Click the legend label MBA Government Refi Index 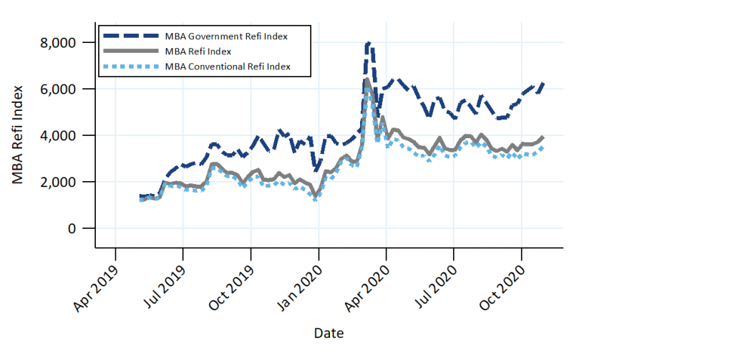[226, 35]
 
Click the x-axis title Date [329, 334]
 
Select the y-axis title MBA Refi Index [19, 135]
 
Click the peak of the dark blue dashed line [368, 44]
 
